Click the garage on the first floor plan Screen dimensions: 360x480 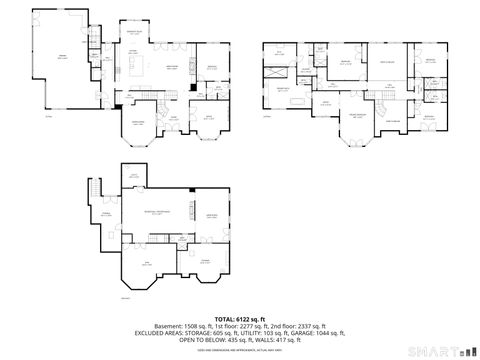(62, 57)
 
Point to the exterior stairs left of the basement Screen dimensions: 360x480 (97, 190)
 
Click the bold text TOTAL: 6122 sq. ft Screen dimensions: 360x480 (239, 317)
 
